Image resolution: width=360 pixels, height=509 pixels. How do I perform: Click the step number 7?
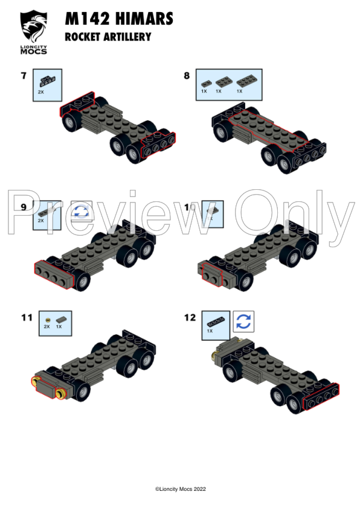(24, 76)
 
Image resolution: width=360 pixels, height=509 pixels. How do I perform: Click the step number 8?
(187, 76)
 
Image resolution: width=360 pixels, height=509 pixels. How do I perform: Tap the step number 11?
(26, 317)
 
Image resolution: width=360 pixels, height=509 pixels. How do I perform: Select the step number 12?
(190, 317)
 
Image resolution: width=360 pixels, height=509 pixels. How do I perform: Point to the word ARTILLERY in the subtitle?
(126, 37)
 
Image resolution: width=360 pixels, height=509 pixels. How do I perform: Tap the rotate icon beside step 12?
(243, 321)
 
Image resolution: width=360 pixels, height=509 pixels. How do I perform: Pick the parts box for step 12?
(216, 323)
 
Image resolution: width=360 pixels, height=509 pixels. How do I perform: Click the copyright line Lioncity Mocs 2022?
(181, 489)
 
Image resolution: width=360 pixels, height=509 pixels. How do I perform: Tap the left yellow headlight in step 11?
(35, 381)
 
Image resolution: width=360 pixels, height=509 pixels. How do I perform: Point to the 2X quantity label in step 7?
(41, 92)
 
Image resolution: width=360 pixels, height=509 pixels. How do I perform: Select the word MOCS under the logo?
(34, 51)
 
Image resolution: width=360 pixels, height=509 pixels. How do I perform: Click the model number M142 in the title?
(86, 20)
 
